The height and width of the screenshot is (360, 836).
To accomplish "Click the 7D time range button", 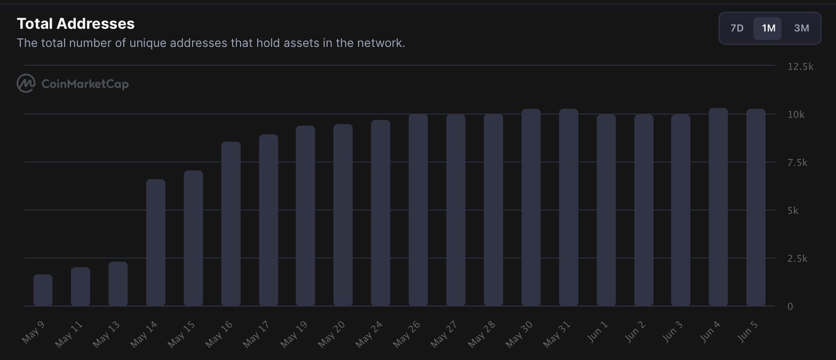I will click(737, 28).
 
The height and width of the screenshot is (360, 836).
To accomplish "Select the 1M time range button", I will click(768, 28).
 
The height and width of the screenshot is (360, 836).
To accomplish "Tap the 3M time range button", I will click(801, 28).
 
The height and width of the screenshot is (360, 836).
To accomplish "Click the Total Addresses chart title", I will click(76, 23).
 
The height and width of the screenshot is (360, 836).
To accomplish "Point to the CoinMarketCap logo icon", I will click(26, 84).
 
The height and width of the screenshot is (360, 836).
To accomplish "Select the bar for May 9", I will click(43, 290).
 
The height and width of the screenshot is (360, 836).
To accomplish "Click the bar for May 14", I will click(155, 243).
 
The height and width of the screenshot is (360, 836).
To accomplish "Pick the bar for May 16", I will click(230, 224).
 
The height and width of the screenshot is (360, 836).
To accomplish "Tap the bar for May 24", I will click(380, 213).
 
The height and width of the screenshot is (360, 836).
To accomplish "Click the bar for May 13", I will click(118, 284).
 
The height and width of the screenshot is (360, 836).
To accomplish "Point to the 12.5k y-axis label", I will click(800, 67).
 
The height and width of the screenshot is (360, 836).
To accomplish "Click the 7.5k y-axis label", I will click(798, 163).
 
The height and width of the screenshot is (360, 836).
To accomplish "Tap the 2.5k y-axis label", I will click(798, 259).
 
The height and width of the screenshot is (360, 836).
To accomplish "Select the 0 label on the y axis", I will click(790, 307).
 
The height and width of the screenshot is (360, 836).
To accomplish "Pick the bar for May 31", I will click(568, 207).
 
